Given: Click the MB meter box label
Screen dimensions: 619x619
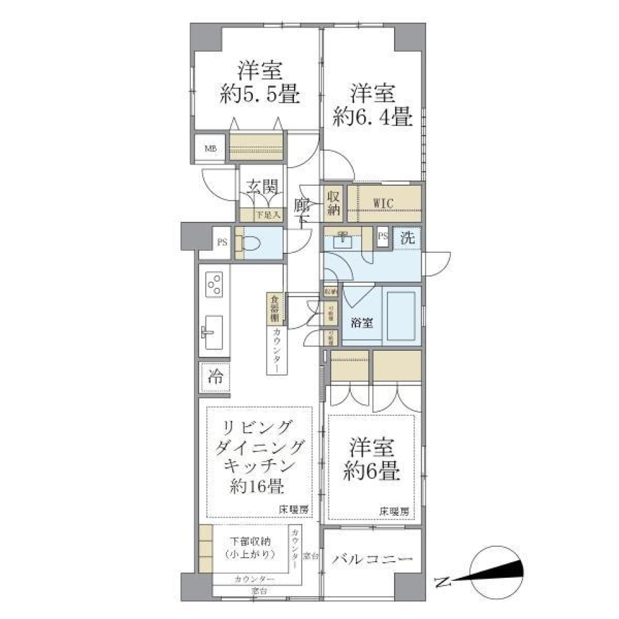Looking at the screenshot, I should click(x=211, y=149).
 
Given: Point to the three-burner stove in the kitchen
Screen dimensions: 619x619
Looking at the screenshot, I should click(x=214, y=284).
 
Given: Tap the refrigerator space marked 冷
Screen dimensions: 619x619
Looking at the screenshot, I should click(x=214, y=378).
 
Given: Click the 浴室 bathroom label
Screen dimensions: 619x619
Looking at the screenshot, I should click(x=360, y=323).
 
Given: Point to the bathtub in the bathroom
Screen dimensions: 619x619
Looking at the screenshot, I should click(x=402, y=315).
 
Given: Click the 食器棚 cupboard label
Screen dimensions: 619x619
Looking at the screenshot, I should click(x=274, y=309).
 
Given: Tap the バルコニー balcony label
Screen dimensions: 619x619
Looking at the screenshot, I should click(x=372, y=558).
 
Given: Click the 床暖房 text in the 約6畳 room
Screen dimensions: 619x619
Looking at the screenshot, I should click(x=393, y=511).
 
